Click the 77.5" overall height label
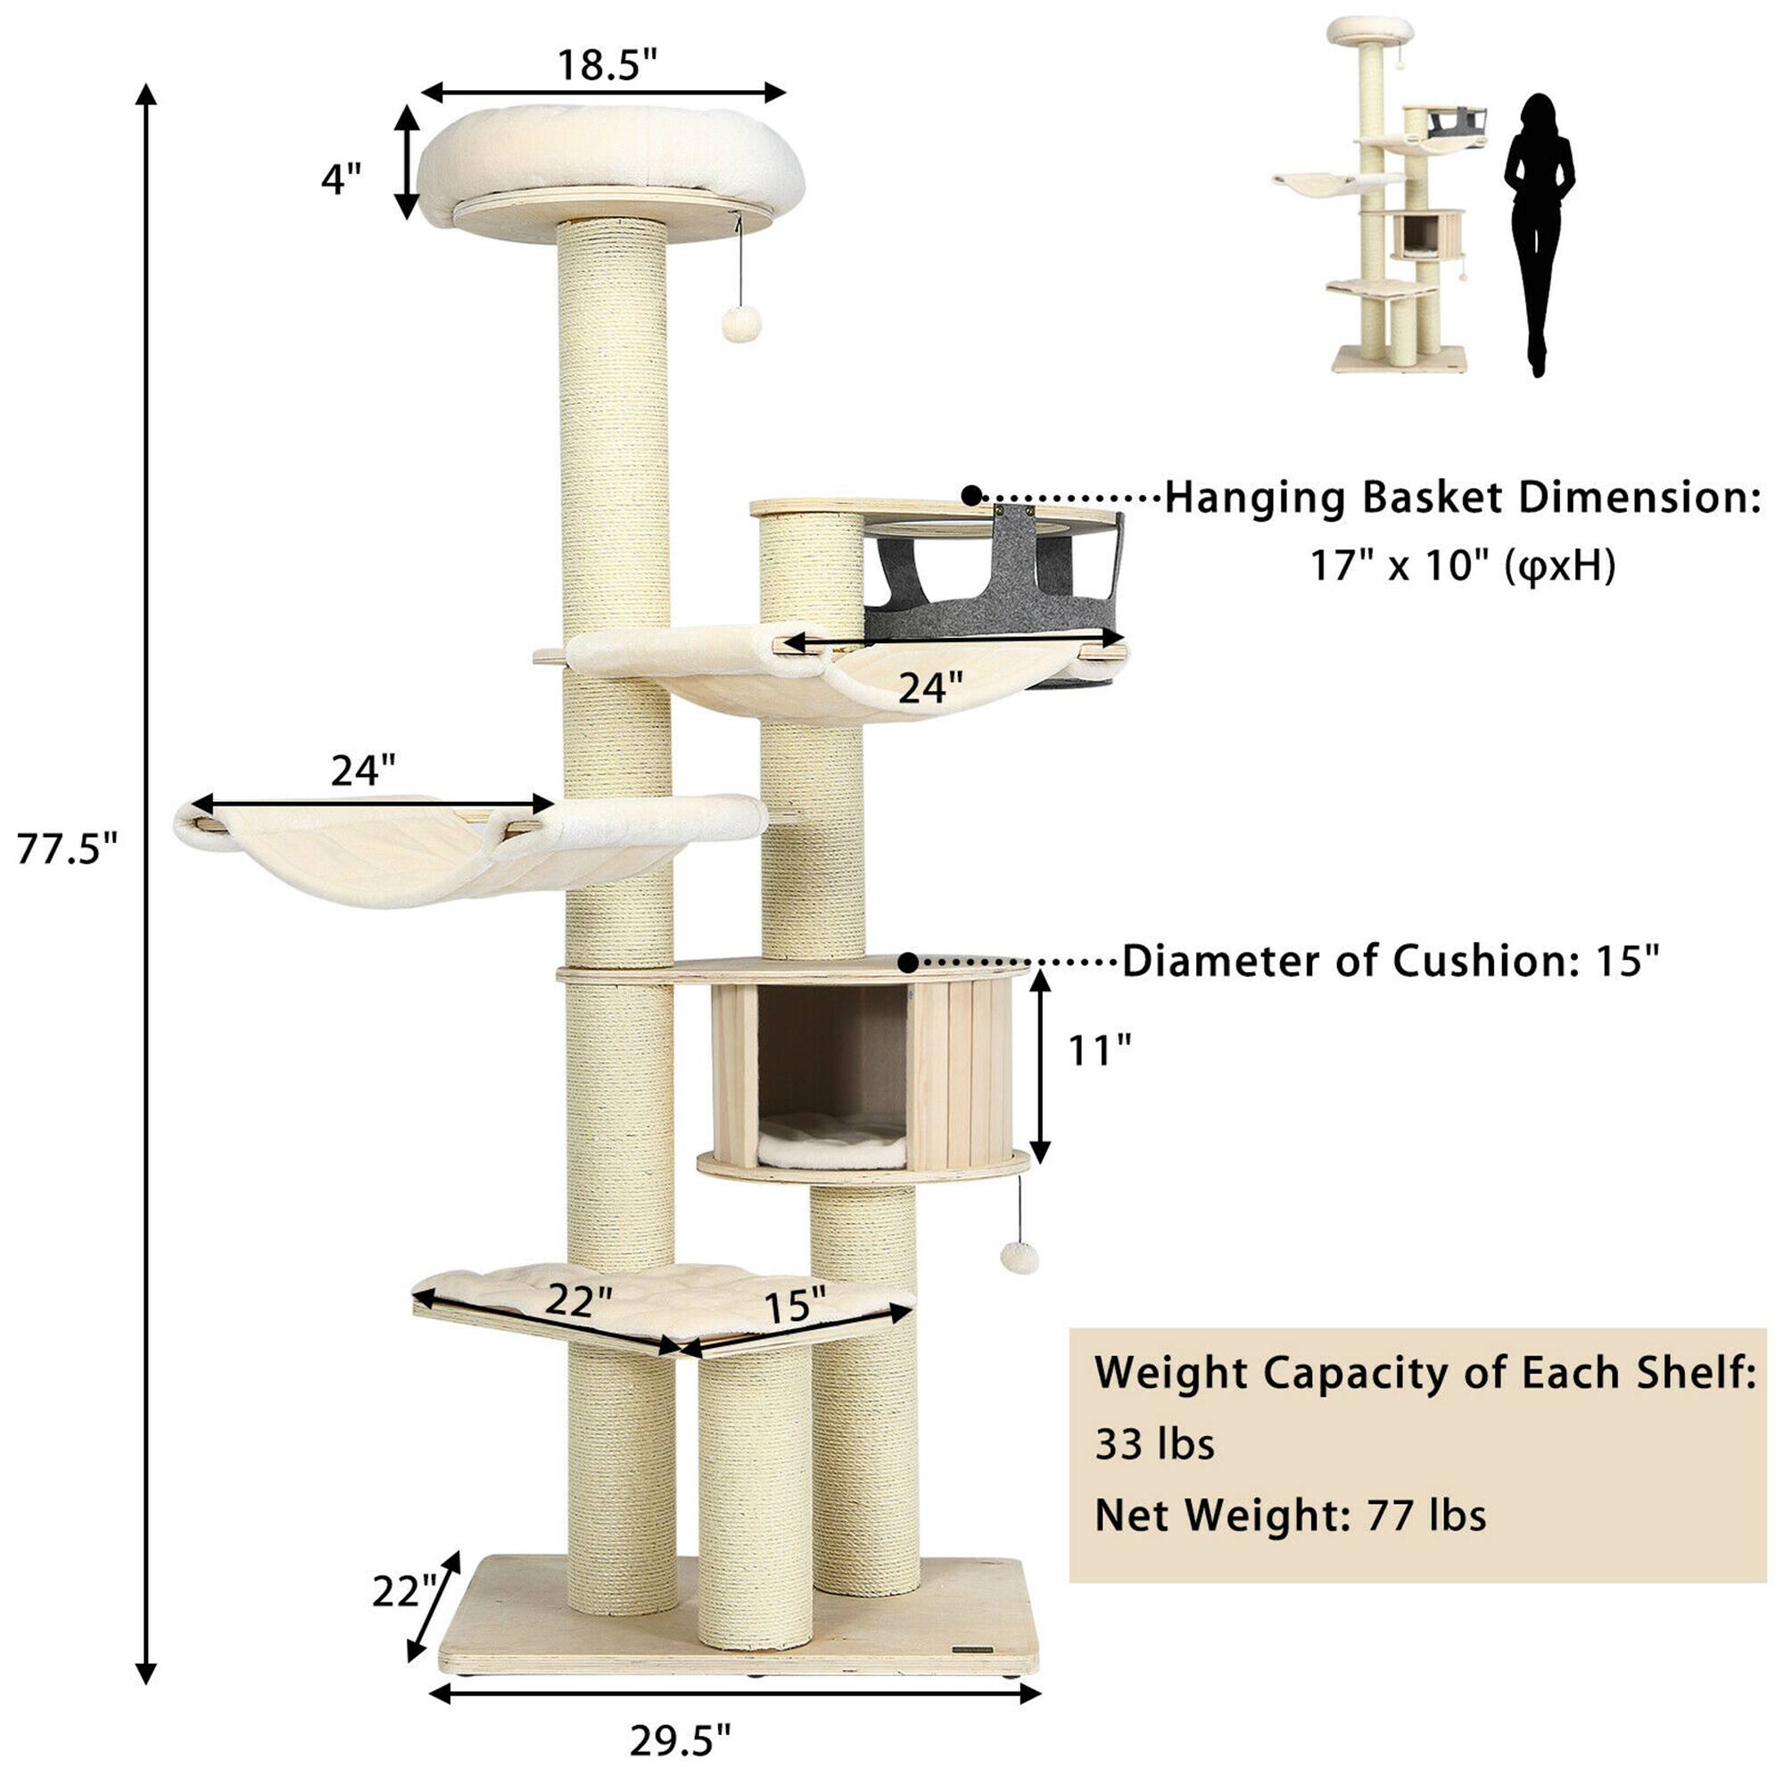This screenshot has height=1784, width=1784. tap(68, 848)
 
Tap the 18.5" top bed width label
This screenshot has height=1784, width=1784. tap(607, 65)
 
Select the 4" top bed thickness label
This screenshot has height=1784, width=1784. tap(341, 178)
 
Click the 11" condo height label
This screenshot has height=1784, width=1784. tap(1099, 1050)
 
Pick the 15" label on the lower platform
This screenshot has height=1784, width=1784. tap(794, 1305)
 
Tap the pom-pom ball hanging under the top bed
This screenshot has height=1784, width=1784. tap(740, 323)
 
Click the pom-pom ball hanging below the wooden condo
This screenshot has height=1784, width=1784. tap(1020, 1258)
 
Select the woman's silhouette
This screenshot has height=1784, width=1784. tap(1538, 231)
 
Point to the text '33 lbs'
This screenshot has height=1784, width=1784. tap(1154, 1443)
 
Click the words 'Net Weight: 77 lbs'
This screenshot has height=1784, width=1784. tap(1290, 1516)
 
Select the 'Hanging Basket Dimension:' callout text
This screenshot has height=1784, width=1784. tap(1462, 498)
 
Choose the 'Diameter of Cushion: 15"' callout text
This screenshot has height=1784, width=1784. tap(1391, 962)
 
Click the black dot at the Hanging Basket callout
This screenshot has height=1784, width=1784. tap(971, 496)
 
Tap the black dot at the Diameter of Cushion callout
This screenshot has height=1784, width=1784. tap(909, 963)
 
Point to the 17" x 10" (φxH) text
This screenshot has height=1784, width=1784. tap(1463, 565)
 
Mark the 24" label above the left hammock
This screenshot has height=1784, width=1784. tap(363, 770)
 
